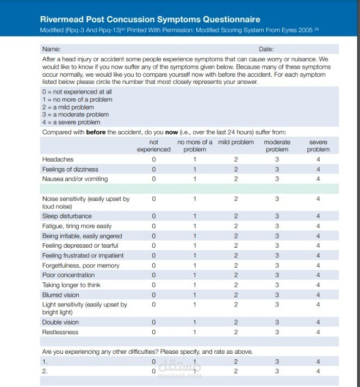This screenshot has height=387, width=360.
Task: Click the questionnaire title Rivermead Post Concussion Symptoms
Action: pos(150,20)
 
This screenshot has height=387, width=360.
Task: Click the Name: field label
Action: pos(51,49)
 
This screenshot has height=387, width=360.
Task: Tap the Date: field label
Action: pos(266,49)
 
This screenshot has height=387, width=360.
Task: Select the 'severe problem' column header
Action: pos(318,145)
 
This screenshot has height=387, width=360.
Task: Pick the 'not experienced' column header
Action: pos(154,145)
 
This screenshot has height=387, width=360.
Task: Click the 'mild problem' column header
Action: pos(236,142)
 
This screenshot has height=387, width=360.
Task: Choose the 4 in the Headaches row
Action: pos(318,159)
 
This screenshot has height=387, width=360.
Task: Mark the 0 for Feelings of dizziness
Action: pos(154,169)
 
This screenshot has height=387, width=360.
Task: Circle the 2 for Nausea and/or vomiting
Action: pos(236,179)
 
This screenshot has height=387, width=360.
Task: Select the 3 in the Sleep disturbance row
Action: pos(277,216)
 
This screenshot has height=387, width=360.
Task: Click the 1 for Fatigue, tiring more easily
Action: pos(195,226)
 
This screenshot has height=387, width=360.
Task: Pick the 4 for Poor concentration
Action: pos(318,275)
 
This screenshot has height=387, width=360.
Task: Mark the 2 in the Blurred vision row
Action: pos(236,295)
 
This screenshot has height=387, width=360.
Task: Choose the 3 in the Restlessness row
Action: pos(277,332)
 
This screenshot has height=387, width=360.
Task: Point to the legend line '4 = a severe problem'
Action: pos(71,122)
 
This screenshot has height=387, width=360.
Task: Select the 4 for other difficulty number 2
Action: pos(318,371)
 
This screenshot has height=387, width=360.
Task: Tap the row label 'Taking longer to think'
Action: pos(71,285)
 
